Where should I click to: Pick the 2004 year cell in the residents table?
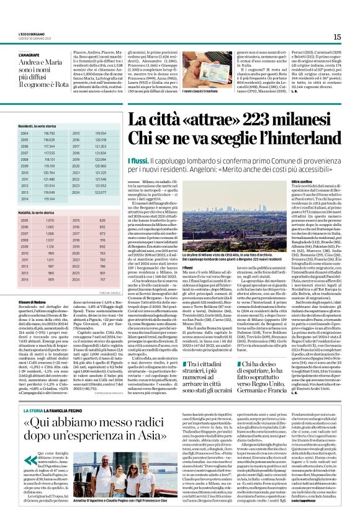click(24, 133)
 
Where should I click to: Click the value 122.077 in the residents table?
click(101, 192)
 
